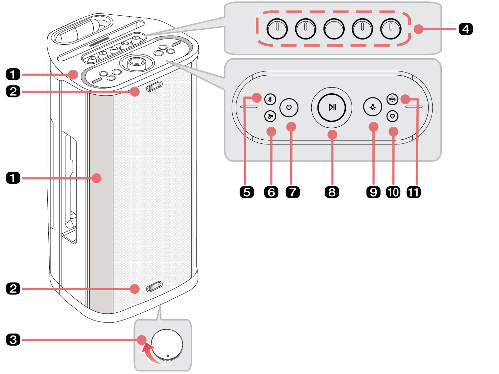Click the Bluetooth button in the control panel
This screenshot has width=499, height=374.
pos(270,99)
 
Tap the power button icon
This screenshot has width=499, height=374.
pos(289,107)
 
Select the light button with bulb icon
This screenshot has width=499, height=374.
pos(373,107)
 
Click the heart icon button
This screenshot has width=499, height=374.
pos(392,116)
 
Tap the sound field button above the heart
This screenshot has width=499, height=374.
pos(392,99)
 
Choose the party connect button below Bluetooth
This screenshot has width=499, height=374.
pos(270,116)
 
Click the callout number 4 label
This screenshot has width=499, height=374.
pos(465,29)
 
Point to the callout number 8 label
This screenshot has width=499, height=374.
pos(332,192)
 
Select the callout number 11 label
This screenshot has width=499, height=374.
pos(414,192)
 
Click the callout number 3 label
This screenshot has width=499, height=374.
pos(13,340)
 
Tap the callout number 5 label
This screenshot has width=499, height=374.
pos(247,192)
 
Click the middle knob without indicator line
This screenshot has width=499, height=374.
pos(334,29)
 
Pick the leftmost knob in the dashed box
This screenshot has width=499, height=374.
pos(277,29)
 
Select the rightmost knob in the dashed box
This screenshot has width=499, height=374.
pos(391,29)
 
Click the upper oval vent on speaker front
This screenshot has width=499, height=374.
pos(154,87)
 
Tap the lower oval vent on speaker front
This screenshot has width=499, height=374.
pos(154,287)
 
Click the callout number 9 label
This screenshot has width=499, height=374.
pos(373,192)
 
